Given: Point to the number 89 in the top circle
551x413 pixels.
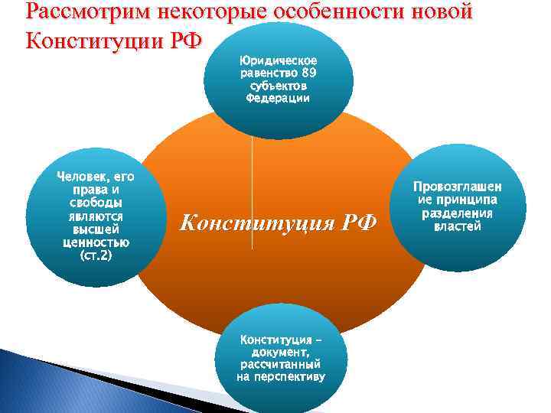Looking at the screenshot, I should pos(309,73).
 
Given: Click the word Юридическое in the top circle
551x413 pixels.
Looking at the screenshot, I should pos(279,60).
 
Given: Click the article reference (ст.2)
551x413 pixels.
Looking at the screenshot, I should pos(96,255).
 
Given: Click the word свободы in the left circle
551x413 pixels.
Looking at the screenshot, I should pos(96,202).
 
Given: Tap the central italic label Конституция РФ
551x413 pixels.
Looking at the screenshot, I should pos(279,223).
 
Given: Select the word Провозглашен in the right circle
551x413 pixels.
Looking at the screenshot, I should pos(457,187).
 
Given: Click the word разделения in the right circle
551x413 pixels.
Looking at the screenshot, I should pos(457,213).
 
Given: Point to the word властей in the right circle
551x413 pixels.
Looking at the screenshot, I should pos(457,226).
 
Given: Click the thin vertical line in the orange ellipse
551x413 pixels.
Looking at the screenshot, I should pos(252,191).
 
